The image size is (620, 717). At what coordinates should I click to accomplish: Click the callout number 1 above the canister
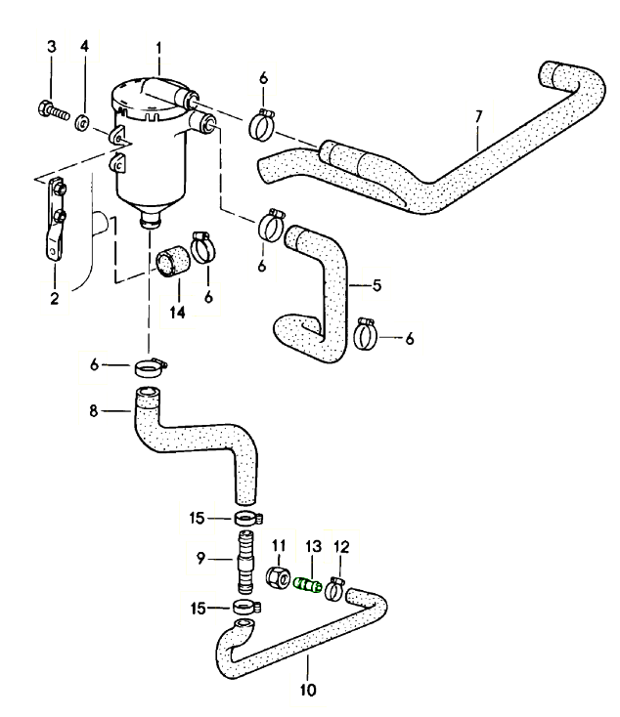(x=159, y=46)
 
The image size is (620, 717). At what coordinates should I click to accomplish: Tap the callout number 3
(x=52, y=46)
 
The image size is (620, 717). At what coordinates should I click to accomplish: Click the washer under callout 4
(x=84, y=122)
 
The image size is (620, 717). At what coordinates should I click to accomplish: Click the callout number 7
(x=478, y=117)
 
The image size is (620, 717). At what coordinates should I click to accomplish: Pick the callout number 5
(x=376, y=286)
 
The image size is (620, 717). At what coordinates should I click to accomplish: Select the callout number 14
(x=177, y=313)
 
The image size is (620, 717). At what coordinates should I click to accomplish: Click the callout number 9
(x=200, y=560)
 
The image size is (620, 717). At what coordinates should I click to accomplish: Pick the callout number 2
(x=54, y=298)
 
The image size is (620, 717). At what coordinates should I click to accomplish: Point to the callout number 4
(x=84, y=46)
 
